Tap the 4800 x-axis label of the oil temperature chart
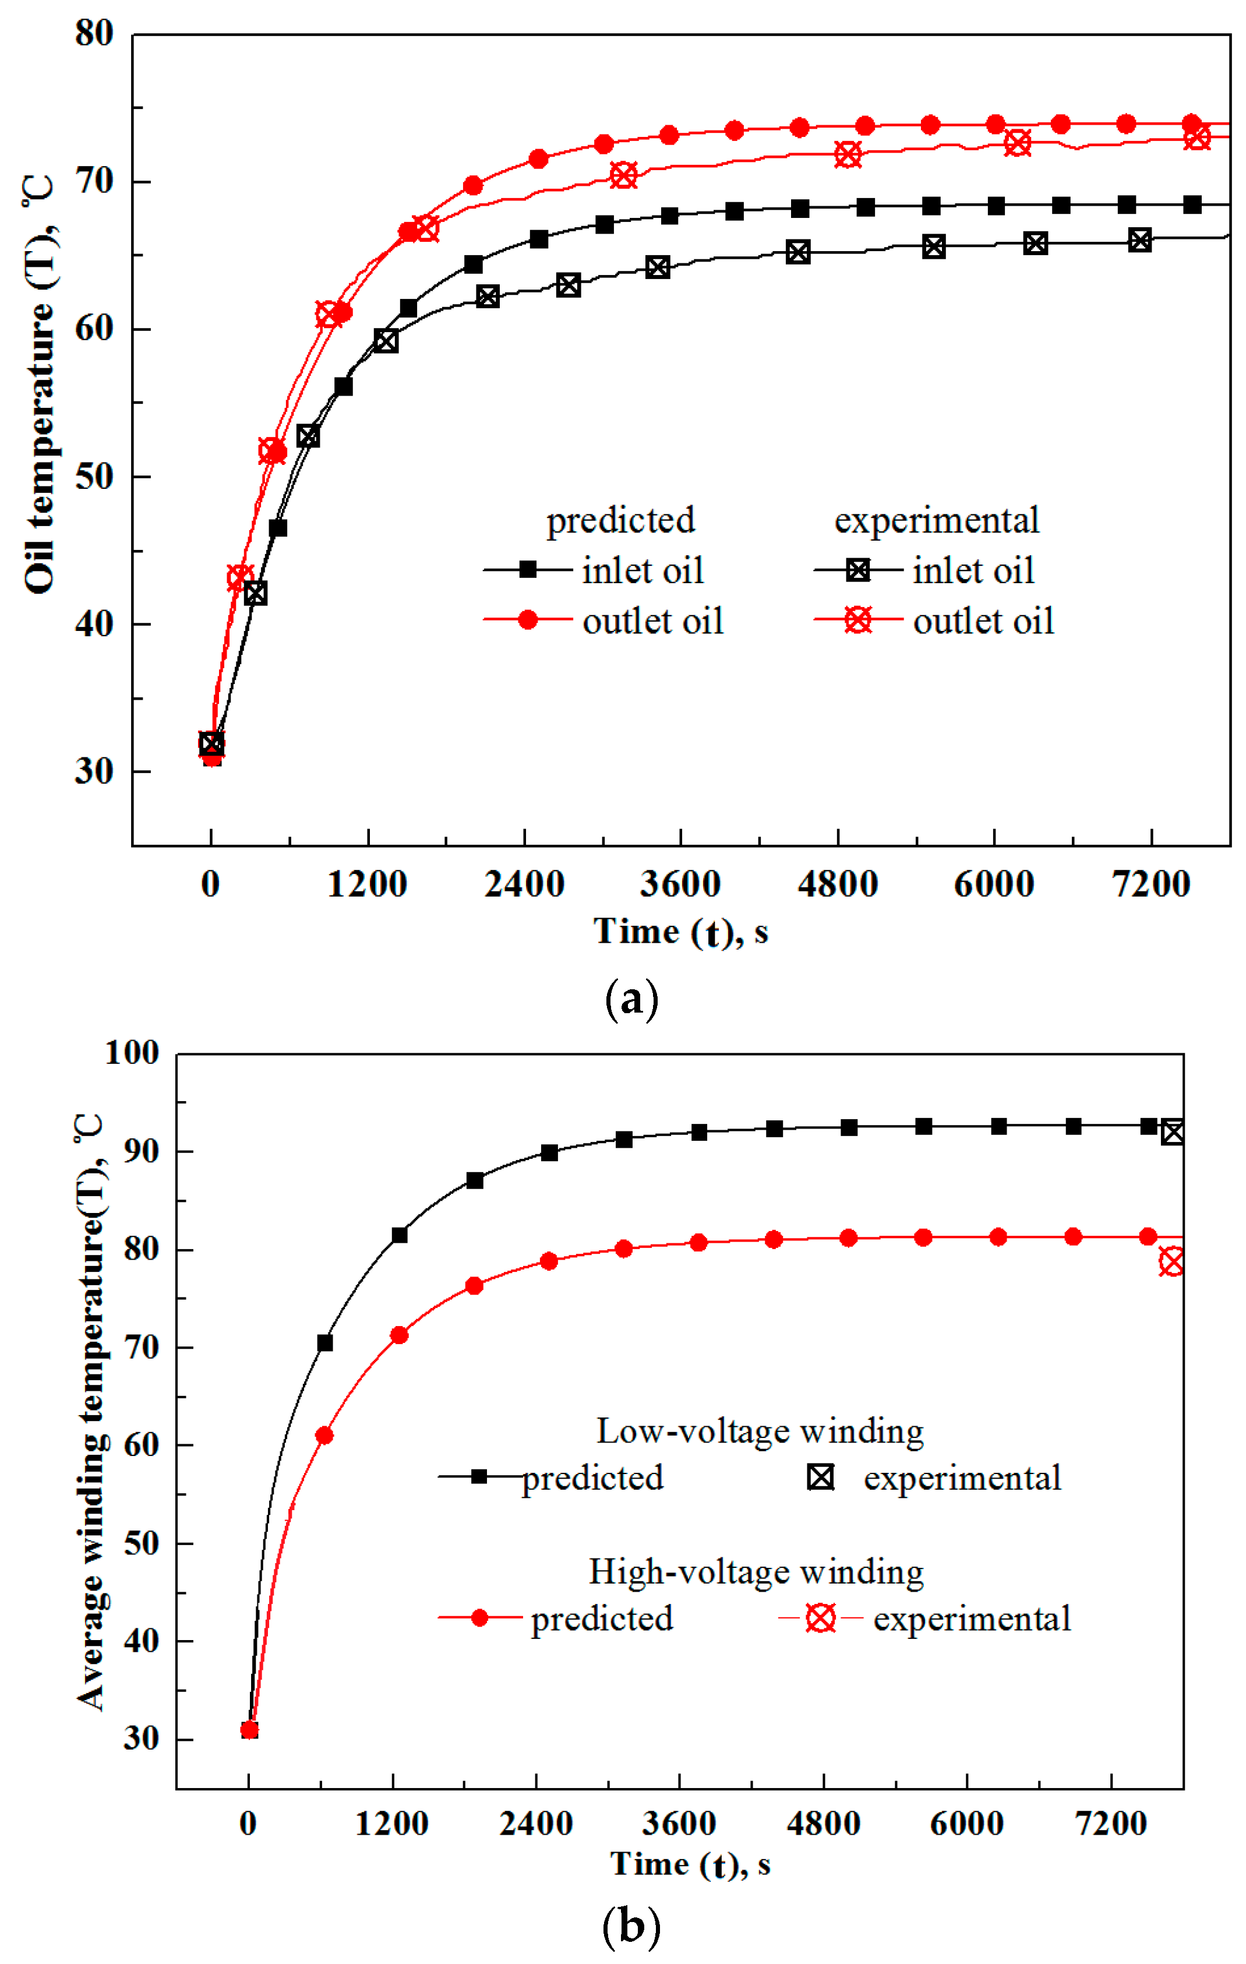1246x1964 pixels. (x=838, y=885)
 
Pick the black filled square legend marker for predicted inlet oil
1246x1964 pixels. (x=528, y=569)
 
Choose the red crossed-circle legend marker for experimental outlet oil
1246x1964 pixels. (x=858, y=620)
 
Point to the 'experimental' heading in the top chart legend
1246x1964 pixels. (x=936, y=520)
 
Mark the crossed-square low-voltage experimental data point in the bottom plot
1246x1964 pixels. (x=1173, y=1132)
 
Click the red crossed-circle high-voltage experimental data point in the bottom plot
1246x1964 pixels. (x=1173, y=1262)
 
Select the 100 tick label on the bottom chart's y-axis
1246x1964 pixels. (x=132, y=1053)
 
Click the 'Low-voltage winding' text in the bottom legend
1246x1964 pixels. (x=760, y=1430)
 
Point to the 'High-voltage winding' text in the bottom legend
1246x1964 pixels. (x=757, y=1571)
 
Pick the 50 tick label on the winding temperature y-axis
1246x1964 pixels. (x=141, y=1543)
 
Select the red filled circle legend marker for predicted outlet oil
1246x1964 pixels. (x=528, y=620)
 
